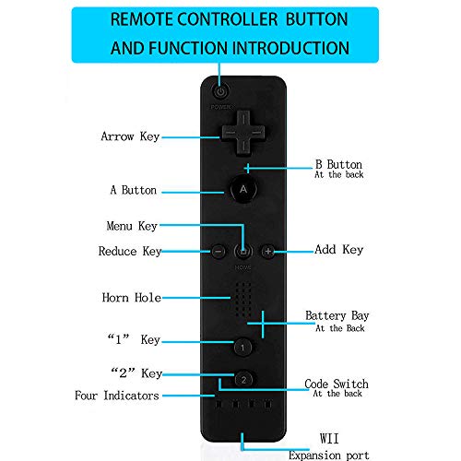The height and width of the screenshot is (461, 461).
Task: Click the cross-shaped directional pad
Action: [243, 133]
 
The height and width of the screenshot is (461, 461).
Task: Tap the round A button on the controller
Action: [243, 189]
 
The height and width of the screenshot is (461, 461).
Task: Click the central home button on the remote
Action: [243, 252]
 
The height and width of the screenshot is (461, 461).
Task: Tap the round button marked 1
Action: [242, 348]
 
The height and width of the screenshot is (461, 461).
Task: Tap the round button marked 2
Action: [243, 380]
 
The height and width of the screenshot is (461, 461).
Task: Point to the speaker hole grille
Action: [243, 300]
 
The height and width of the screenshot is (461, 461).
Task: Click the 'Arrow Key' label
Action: [130, 136]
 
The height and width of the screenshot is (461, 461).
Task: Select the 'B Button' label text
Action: [338, 164]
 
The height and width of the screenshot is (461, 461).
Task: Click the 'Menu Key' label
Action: [132, 226]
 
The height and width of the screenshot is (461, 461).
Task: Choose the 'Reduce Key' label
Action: [130, 251]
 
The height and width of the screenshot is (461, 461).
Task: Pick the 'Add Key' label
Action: [339, 249]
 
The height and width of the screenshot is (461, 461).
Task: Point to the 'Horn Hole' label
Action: [132, 298]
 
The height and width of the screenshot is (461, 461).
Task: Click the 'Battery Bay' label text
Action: [337, 315]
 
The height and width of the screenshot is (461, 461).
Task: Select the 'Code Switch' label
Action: [337, 384]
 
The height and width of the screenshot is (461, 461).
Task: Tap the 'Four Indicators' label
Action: [117, 396]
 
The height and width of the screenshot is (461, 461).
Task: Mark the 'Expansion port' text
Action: [329, 455]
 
